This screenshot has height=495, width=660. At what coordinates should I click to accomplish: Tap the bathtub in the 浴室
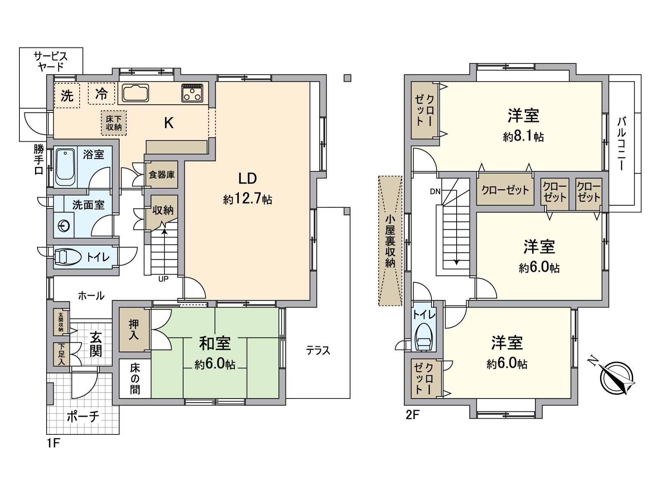pyautogui.click(x=65, y=167)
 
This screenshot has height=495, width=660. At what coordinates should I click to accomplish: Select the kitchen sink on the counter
pyautogui.click(x=134, y=93)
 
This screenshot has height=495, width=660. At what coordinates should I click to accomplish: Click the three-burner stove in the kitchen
pyautogui.click(x=192, y=93)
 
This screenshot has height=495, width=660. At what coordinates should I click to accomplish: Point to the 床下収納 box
pyautogui.click(x=114, y=123)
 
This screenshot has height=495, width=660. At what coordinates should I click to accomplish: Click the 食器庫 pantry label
pyautogui.click(x=162, y=175)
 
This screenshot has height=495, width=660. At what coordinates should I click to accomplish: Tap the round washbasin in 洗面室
pyautogui.click(x=64, y=226)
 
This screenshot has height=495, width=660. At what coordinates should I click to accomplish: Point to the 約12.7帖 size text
pyautogui.click(x=247, y=200)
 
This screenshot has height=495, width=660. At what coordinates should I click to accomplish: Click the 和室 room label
pyautogui.click(x=214, y=343)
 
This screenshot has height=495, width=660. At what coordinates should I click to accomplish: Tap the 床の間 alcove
pyautogui.click(x=135, y=379)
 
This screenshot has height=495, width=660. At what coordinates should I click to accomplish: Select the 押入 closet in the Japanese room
pyautogui.click(x=134, y=330)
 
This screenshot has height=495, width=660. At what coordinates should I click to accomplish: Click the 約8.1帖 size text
pyautogui.click(x=523, y=137)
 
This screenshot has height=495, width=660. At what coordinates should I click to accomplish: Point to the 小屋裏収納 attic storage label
pyautogui.click(x=390, y=241)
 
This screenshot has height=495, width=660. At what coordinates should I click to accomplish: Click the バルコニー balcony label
pyautogui.click(x=622, y=144)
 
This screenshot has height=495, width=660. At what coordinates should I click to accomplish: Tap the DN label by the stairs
pyautogui.click(x=435, y=191)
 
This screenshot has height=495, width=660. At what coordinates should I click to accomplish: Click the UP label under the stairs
pyautogui.click(x=163, y=279)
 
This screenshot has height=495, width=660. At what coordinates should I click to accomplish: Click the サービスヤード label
pyautogui.click(x=51, y=61)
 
